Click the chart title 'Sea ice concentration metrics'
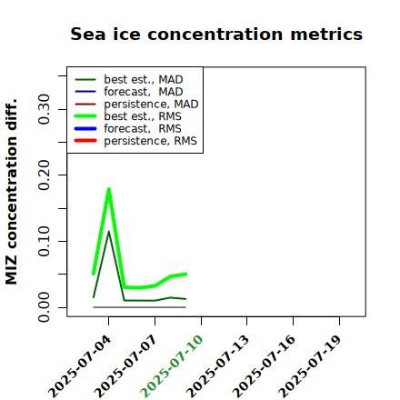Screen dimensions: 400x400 point(216,34)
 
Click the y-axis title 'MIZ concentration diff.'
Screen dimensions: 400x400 point(11,192)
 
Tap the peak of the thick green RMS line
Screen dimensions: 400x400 point(109,189)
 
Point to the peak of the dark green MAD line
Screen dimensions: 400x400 point(109,232)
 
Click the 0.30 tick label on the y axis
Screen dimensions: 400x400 point(45,109)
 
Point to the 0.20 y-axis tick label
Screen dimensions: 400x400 point(45,175)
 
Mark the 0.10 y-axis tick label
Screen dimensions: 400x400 point(45,241)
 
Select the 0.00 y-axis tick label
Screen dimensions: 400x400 point(45,307)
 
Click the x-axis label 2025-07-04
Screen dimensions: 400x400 point(80,366)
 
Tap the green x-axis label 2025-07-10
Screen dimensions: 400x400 point(172,366)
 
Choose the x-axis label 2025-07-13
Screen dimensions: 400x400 point(217,366)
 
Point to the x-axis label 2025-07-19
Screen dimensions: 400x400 point(310,366)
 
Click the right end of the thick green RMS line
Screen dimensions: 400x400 point(186,274)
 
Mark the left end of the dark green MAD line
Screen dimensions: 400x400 point(94,297)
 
